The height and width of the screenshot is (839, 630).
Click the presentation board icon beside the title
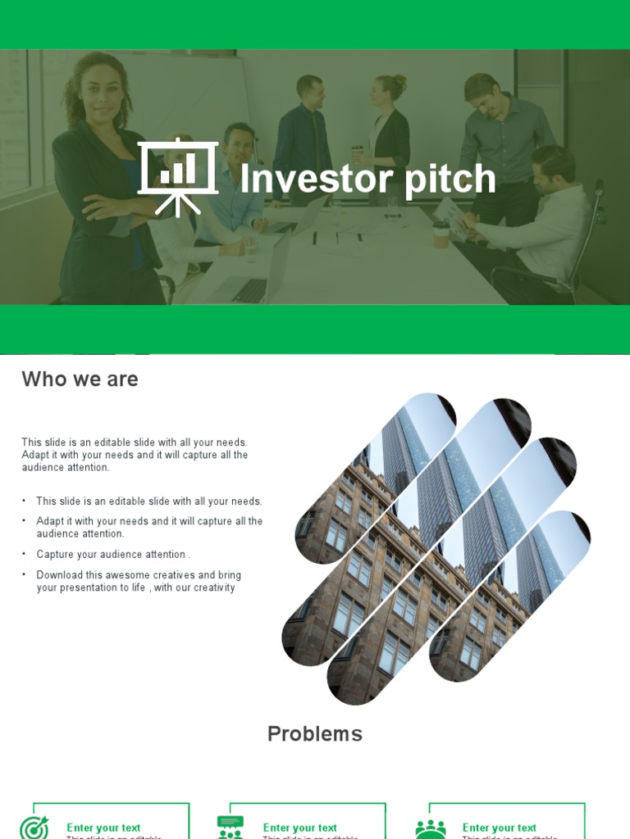(178, 177)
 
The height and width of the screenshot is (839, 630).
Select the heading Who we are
(80, 379)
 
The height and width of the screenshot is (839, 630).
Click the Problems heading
(315, 734)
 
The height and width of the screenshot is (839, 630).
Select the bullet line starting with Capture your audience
(113, 555)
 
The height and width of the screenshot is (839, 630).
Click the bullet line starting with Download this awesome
(138, 575)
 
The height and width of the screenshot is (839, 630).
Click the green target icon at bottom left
(34, 828)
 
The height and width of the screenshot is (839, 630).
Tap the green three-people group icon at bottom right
(431, 828)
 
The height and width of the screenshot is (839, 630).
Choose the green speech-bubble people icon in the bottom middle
(231, 827)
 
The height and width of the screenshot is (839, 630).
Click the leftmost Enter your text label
(103, 828)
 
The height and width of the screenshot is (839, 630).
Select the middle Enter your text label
(300, 828)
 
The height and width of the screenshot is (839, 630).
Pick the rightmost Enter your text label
(500, 828)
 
